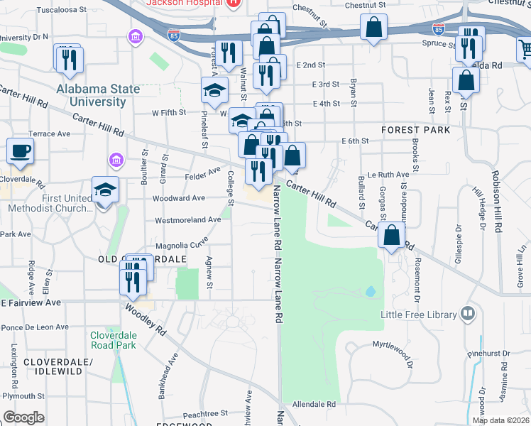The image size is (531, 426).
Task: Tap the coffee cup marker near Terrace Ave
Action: click(x=21, y=151)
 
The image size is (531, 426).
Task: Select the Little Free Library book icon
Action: click(x=468, y=313)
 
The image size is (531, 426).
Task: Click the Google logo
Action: click(x=23, y=417)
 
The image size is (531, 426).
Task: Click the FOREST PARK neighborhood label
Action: click(x=415, y=130)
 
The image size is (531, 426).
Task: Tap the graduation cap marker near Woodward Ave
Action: click(x=105, y=190)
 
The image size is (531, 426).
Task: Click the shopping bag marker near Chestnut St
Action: click(x=373, y=29)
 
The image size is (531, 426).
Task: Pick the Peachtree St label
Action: click(x=204, y=413)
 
